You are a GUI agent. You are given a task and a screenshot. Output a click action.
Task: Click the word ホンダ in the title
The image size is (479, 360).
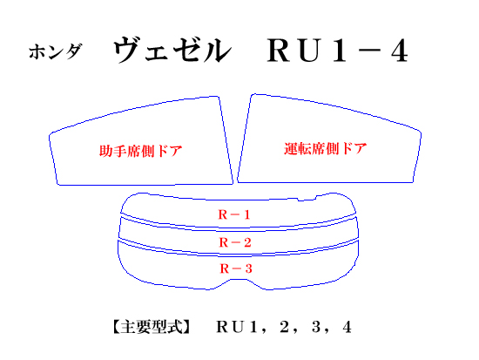[56, 51]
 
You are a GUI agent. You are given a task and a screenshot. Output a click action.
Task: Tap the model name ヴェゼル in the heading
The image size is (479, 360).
[172, 51]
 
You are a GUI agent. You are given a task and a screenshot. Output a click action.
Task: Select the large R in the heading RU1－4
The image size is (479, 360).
[279, 51]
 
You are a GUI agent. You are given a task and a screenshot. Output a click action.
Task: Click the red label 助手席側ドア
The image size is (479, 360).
[140, 151]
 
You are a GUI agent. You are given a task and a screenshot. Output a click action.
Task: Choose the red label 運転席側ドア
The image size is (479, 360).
[326, 149]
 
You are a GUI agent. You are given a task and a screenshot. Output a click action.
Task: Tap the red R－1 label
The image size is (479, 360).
[234, 214]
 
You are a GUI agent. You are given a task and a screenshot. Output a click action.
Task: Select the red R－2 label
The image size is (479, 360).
[235, 242]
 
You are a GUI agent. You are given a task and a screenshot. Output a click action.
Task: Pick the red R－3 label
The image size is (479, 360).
[236, 268]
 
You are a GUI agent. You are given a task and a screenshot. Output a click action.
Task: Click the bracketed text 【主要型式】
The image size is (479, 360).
[152, 327]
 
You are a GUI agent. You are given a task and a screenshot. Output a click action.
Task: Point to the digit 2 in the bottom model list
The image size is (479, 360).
[284, 327]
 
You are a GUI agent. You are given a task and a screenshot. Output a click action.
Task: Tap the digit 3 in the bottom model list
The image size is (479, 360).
[316, 327]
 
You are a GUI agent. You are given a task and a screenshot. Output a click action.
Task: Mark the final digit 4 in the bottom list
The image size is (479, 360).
[347, 327]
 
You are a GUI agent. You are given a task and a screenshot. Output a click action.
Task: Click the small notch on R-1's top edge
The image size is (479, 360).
[301, 200]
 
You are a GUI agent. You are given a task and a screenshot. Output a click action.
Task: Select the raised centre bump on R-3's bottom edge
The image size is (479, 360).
[239, 280]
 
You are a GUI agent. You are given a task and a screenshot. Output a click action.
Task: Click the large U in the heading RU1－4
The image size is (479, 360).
[311, 51]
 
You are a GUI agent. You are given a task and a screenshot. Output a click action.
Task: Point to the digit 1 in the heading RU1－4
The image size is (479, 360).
[340, 51]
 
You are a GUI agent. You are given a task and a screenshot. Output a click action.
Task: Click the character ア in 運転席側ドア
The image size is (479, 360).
[360, 149]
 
